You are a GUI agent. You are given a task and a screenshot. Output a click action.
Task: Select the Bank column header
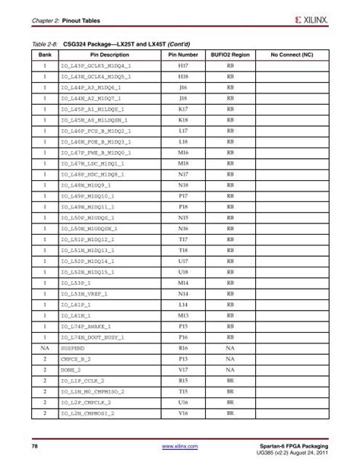pos(45,55)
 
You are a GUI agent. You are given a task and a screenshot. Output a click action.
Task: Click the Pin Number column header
pos(183,55)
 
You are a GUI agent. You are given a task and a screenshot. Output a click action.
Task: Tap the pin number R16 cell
pos(183,346)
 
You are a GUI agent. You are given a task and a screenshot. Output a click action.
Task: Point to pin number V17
pos(183,368)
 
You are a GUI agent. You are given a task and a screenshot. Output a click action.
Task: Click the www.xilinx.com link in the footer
pos(180,446)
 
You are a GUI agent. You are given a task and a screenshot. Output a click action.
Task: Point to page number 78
pos(34,445)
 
